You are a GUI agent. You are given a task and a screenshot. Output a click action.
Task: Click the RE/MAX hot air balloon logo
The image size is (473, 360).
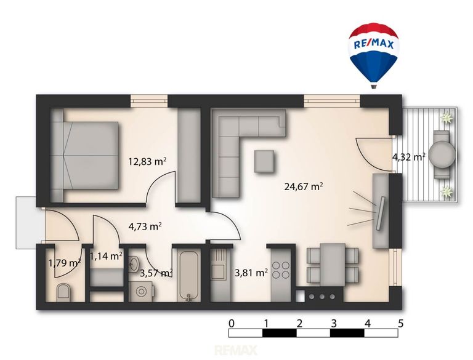pyautogui.click(x=374, y=55)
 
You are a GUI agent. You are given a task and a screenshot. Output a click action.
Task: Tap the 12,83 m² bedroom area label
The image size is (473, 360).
pyautogui.click(x=148, y=162)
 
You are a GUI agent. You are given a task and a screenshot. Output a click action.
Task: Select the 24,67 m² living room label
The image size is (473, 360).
pyautogui.click(x=304, y=186)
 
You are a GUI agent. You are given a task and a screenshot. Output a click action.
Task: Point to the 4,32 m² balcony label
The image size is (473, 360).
pyautogui.click(x=409, y=157)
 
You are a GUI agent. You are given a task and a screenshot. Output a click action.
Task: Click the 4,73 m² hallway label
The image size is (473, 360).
pyautogui.click(x=145, y=226)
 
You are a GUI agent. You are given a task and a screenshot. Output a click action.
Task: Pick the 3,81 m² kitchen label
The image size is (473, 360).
pyautogui.click(x=251, y=273)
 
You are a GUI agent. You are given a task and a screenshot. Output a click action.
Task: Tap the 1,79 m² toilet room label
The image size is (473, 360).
pyautogui.click(x=65, y=263)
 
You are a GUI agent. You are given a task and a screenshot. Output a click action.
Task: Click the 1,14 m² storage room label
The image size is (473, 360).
pyautogui.click(x=106, y=256)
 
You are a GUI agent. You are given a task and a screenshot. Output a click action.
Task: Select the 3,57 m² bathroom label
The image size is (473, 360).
pyautogui.click(x=156, y=273)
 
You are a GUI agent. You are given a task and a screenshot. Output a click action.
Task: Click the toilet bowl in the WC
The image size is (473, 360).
pyautogui.click(x=63, y=292)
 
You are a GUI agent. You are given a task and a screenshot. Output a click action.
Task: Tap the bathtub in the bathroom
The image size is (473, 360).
pyautogui.click(x=189, y=276)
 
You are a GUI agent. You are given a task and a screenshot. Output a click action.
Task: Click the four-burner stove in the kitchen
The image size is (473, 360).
pyautogui.click(x=281, y=270)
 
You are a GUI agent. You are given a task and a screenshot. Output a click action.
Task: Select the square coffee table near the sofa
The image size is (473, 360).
pyautogui.click(x=264, y=161)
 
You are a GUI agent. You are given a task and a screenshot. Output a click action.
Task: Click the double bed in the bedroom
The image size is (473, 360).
pyautogui.click(x=85, y=156)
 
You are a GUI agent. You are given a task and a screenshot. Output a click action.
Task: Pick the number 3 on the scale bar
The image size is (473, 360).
pyautogui.click(x=333, y=324)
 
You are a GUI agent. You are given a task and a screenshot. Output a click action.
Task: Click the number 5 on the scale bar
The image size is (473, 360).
pyautogui.click(x=400, y=324)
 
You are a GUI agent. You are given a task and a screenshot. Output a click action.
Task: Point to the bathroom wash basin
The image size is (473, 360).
pyautogui.click(x=133, y=264)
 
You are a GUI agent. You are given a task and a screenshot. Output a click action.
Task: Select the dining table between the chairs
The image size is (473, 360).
pyautogui.click(x=333, y=265)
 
